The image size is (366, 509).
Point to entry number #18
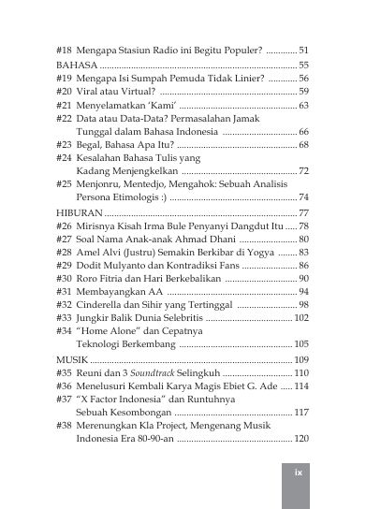coord(65,49)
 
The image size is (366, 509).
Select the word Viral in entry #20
coord(90,92)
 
